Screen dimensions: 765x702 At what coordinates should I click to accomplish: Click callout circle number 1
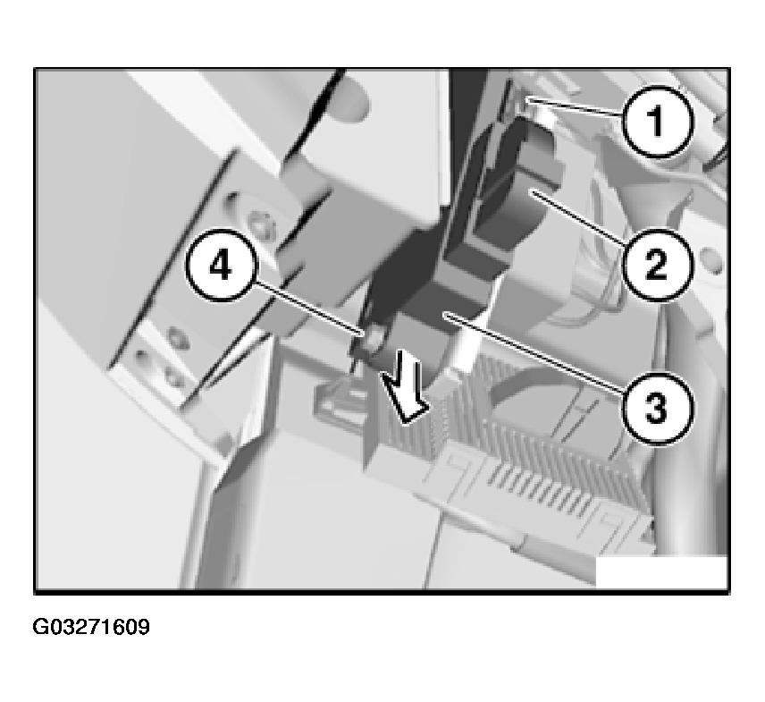tap(658, 121)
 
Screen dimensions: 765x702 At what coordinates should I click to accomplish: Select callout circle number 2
tap(658, 264)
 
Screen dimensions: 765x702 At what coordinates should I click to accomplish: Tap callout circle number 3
tap(656, 408)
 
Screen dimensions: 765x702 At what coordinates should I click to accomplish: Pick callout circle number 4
tap(220, 267)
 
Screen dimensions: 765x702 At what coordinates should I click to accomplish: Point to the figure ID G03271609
tap(91, 627)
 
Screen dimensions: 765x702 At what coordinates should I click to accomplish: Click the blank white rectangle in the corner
tap(661, 571)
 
